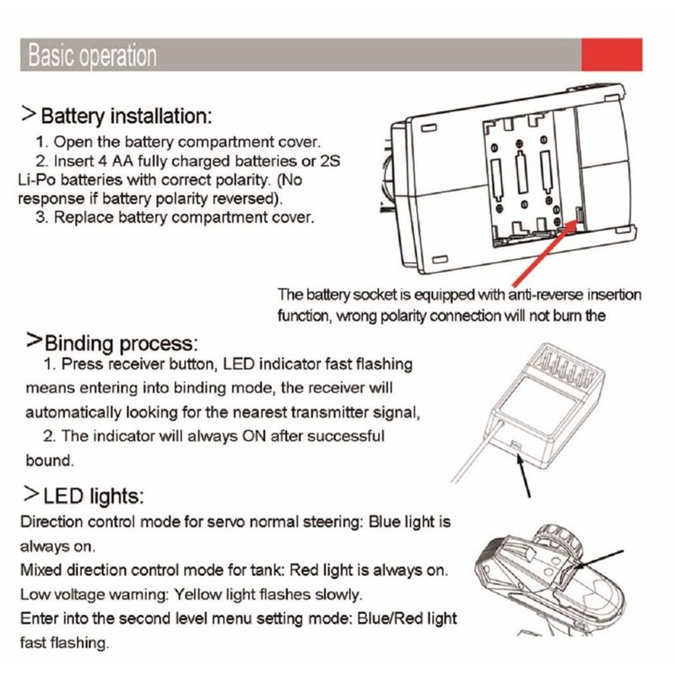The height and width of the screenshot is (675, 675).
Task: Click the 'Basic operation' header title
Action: click(92, 56)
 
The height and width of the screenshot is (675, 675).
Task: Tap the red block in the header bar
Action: click(612, 55)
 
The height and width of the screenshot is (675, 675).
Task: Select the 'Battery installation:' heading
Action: click(126, 116)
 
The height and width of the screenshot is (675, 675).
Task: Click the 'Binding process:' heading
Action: click(121, 343)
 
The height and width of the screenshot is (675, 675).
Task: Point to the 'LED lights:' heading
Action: click(94, 496)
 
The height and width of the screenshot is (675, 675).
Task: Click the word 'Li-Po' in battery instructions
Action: click(36, 180)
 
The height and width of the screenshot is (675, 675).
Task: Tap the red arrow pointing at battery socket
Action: click(544, 253)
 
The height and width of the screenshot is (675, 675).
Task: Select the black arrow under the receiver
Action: click(523, 475)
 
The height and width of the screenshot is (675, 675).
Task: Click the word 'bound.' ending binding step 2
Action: click(50, 461)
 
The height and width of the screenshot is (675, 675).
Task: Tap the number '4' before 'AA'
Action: click(102, 161)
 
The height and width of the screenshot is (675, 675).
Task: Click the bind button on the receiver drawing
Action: click(516, 445)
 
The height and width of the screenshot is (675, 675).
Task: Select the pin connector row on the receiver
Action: click(564, 367)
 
